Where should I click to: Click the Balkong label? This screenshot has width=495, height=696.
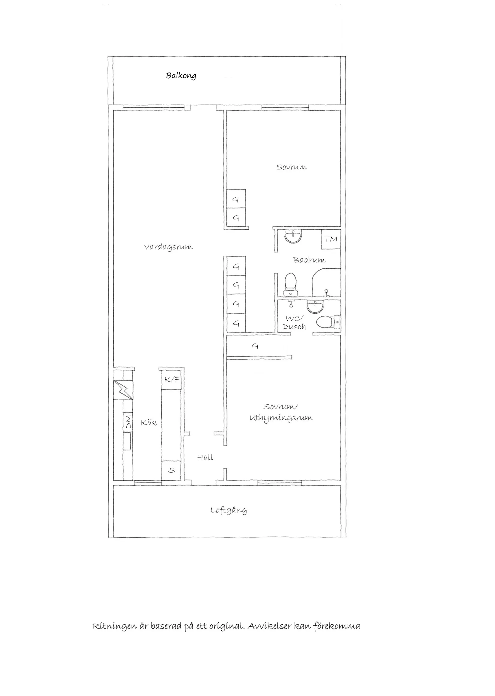[181, 76]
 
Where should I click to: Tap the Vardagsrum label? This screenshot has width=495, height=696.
[168, 247]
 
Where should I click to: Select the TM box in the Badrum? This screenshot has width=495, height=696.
[331, 239]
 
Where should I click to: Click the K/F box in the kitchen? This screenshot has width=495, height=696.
[172, 380]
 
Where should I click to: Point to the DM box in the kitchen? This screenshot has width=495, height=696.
[128, 422]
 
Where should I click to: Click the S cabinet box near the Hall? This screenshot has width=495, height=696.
[172, 470]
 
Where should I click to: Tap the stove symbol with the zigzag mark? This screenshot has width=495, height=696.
[123, 390]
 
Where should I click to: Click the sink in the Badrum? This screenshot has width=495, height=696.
[293, 237]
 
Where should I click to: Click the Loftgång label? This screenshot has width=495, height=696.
[229, 510]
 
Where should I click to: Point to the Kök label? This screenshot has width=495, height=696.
[149, 423]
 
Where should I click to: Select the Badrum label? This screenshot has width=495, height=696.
[309, 260]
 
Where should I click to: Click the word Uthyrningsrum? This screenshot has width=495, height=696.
[281, 418]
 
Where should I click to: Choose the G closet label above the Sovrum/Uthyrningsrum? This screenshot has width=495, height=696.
[255, 345]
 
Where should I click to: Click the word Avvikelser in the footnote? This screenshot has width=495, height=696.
[269, 626]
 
